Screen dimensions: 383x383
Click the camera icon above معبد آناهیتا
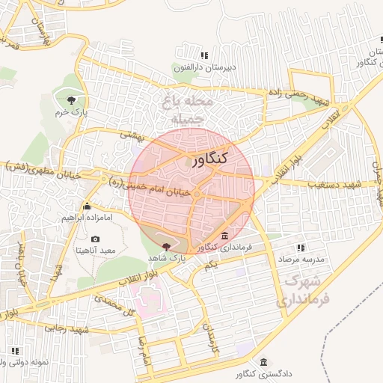click(x=95, y=239)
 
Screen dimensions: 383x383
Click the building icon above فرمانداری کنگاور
click(x=224, y=236)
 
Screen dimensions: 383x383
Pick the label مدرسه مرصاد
click(x=301, y=258)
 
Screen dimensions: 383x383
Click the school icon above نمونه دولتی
click(x=14, y=349)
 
